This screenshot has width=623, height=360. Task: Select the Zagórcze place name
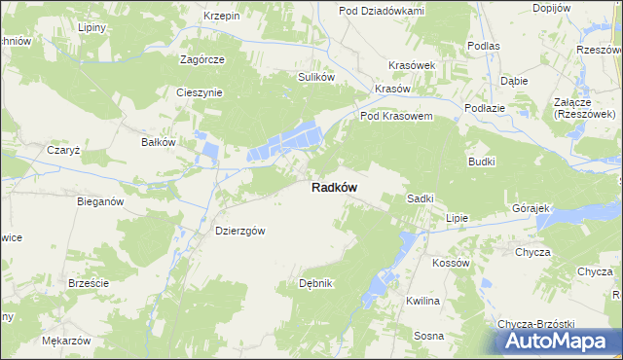click(202, 59)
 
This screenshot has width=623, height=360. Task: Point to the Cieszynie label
click(200, 93)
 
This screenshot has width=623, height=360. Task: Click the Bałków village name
click(158, 142)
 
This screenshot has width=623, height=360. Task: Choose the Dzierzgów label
click(239, 231)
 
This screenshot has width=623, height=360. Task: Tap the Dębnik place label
click(315, 283)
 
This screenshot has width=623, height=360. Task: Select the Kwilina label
click(423, 301)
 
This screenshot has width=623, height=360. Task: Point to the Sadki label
click(420, 198)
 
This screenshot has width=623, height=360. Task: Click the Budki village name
click(482, 162)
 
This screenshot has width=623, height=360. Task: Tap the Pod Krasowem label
click(396, 116)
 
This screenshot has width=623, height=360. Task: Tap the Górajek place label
click(531, 209)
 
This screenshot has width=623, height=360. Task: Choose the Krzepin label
click(222, 17)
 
